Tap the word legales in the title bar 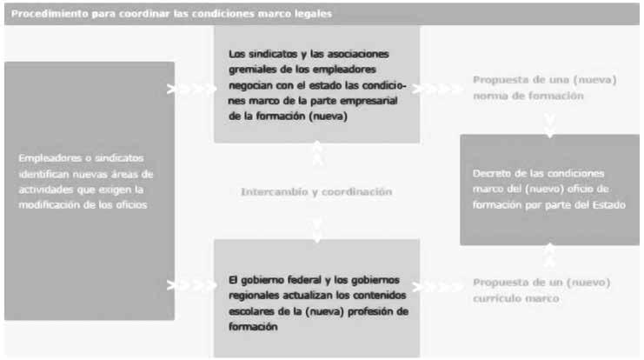[310, 14]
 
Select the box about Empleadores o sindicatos [89, 190]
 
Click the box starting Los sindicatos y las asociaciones [316, 84]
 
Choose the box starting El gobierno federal [316, 297]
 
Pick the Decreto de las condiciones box [549, 189]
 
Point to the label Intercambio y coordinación [316, 191]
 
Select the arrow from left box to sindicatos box [192, 89]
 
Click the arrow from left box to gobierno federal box [192, 284]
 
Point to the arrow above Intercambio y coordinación [317, 154]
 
